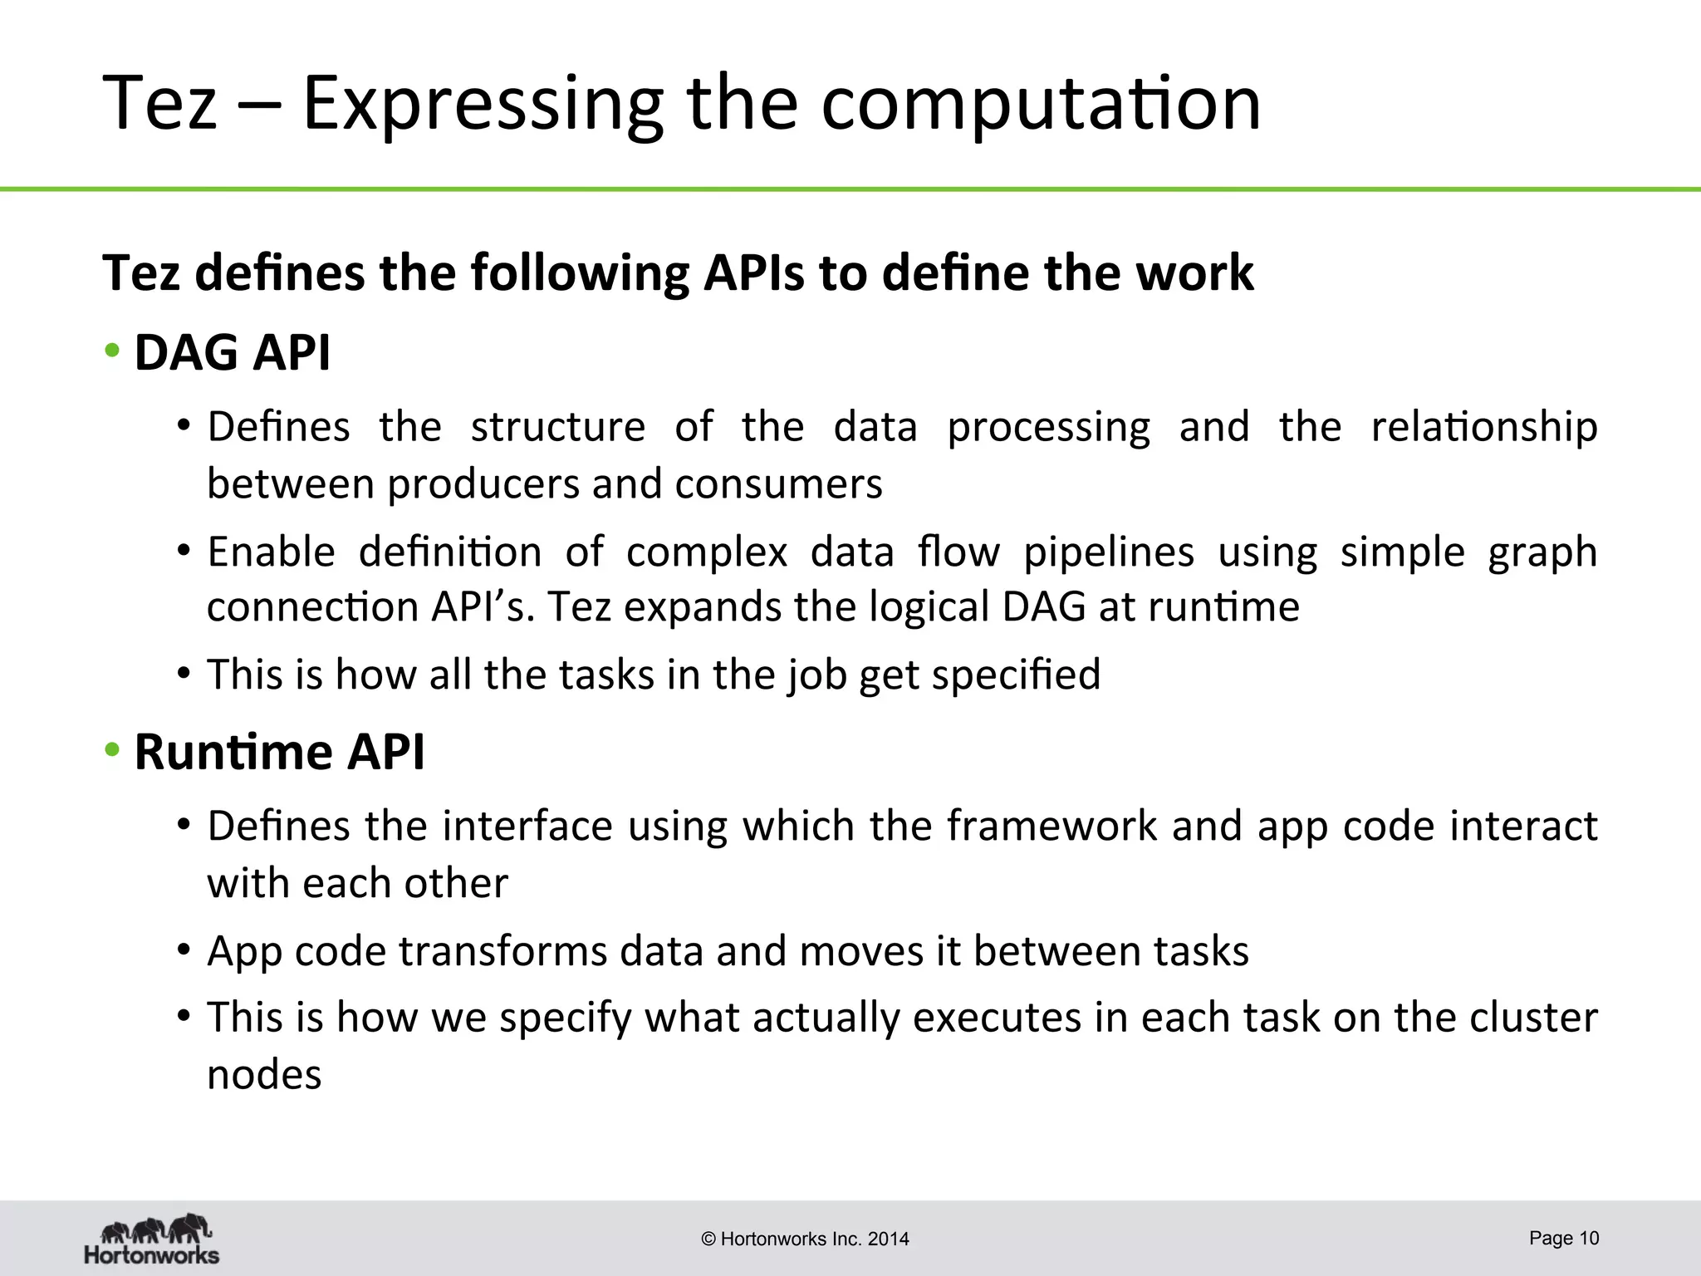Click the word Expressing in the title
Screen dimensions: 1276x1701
[x=483, y=105]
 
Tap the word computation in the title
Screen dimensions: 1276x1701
[x=1041, y=105]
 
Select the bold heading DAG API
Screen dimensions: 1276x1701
[x=232, y=352]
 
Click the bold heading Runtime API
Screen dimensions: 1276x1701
[x=279, y=752]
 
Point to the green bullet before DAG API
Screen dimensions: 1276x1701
[x=112, y=351]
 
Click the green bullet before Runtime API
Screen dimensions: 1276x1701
[x=112, y=751]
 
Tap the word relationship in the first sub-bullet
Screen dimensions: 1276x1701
[x=1483, y=427]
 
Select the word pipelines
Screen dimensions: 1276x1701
[x=1108, y=552]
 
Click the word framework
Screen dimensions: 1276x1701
[x=1051, y=827]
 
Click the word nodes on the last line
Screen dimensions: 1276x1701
[x=263, y=1075]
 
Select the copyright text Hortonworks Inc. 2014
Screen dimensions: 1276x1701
[x=805, y=1239]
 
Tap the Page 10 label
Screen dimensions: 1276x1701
[x=1563, y=1238]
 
